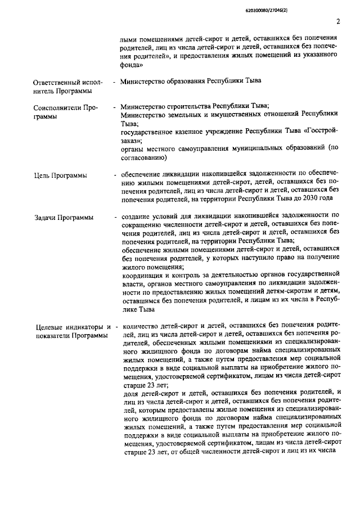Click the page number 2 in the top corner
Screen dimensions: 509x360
[x=338, y=22]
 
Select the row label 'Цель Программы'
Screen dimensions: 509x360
[x=61, y=175]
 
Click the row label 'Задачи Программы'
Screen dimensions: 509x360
[x=63, y=217]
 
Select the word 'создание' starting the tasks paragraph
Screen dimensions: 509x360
[x=136, y=216]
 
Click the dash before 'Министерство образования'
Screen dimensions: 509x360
[x=115, y=81]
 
